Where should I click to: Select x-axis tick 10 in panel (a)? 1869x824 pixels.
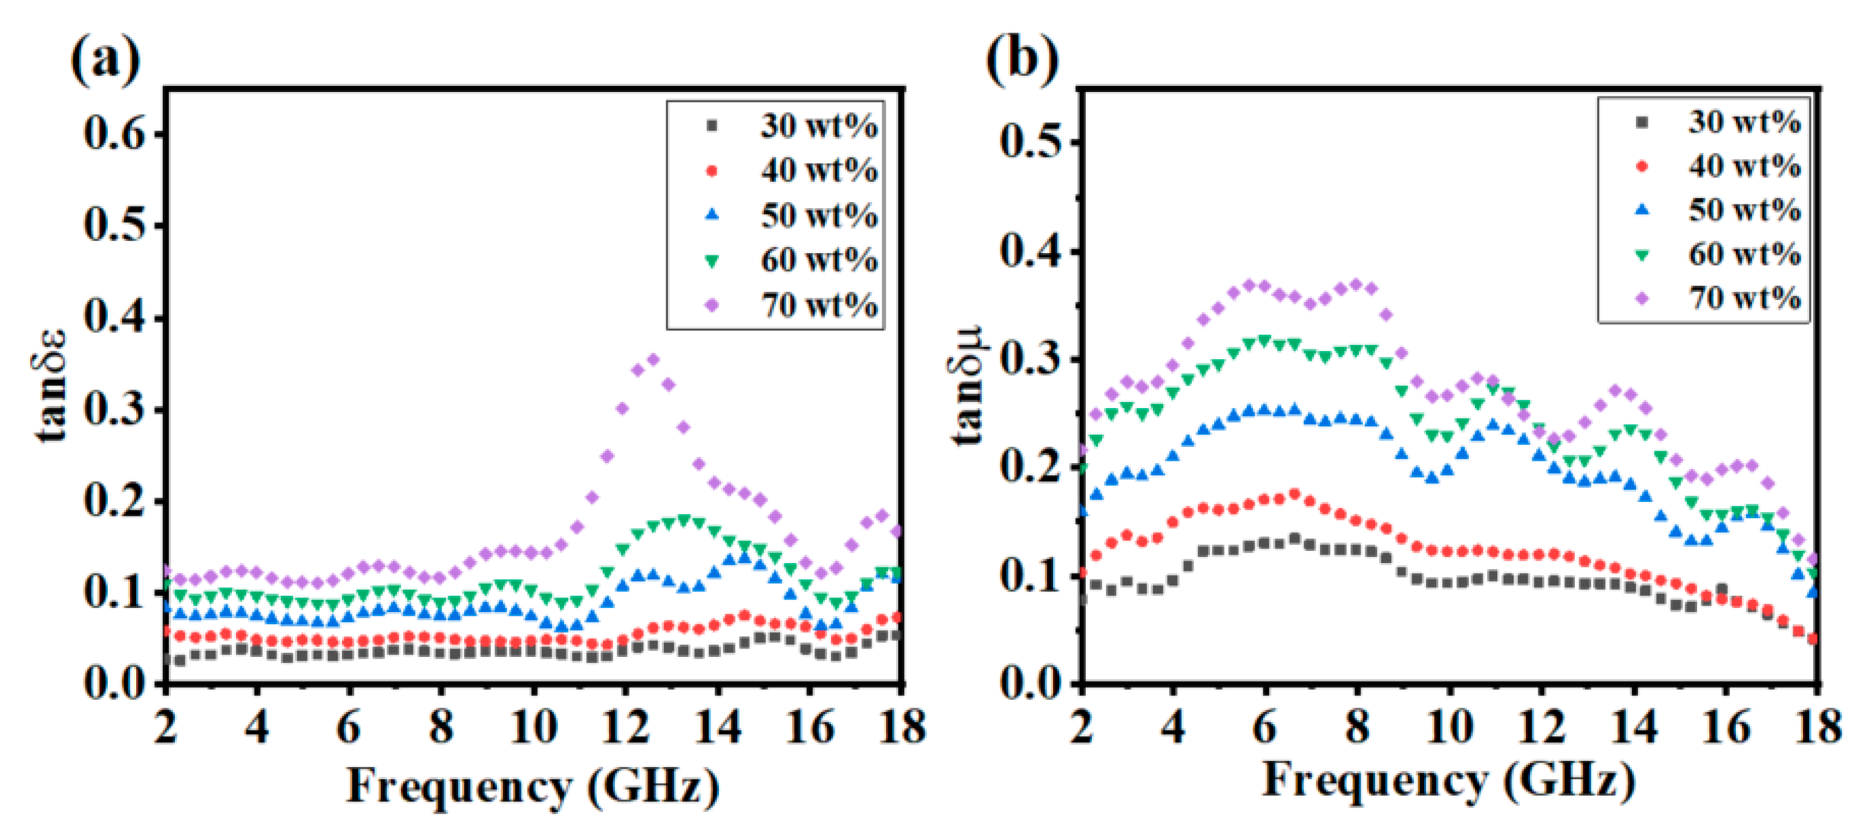click(533, 726)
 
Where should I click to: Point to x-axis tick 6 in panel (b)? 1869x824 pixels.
click(1264, 726)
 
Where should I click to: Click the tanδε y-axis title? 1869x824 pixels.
click(51, 385)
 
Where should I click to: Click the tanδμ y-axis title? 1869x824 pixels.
click(967, 385)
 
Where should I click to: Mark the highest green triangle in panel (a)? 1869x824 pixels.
click(683, 520)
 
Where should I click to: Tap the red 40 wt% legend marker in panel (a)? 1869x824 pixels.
click(712, 171)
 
